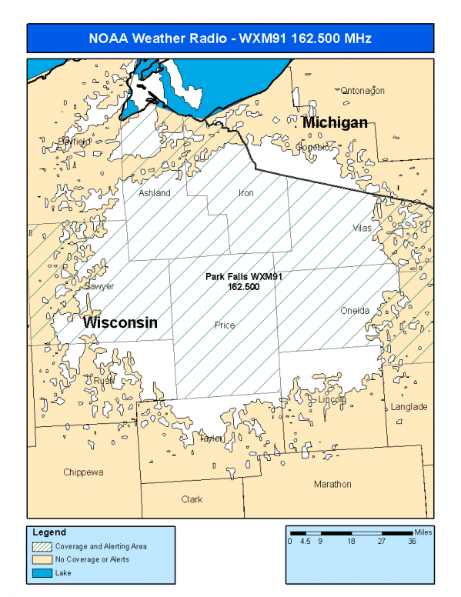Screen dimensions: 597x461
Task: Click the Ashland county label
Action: pyautogui.click(x=154, y=193)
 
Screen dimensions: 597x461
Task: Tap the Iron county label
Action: pyautogui.click(x=246, y=193)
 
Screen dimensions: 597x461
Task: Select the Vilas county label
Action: pyautogui.click(x=362, y=228)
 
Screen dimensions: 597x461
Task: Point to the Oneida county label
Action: pyautogui.click(x=355, y=311)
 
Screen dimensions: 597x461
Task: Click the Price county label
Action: pyautogui.click(x=224, y=325)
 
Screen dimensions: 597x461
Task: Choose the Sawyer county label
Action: pyautogui.click(x=99, y=286)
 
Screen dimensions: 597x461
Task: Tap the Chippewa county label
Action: pyautogui.click(x=83, y=472)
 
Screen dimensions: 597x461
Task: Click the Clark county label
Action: pyautogui.click(x=192, y=499)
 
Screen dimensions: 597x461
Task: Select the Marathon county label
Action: pyautogui.click(x=332, y=484)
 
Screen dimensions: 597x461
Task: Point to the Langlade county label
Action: pyautogui.click(x=409, y=407)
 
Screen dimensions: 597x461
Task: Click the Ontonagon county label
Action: pyautogui.click(x=362, y=91)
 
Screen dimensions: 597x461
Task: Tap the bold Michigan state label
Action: pyautogui.click(x=335, y=123)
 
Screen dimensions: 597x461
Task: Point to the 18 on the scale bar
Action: pyautogui.click(x=351, y=542)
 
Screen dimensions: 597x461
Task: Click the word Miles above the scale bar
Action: pyautogui.click(x=422, y=531)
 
